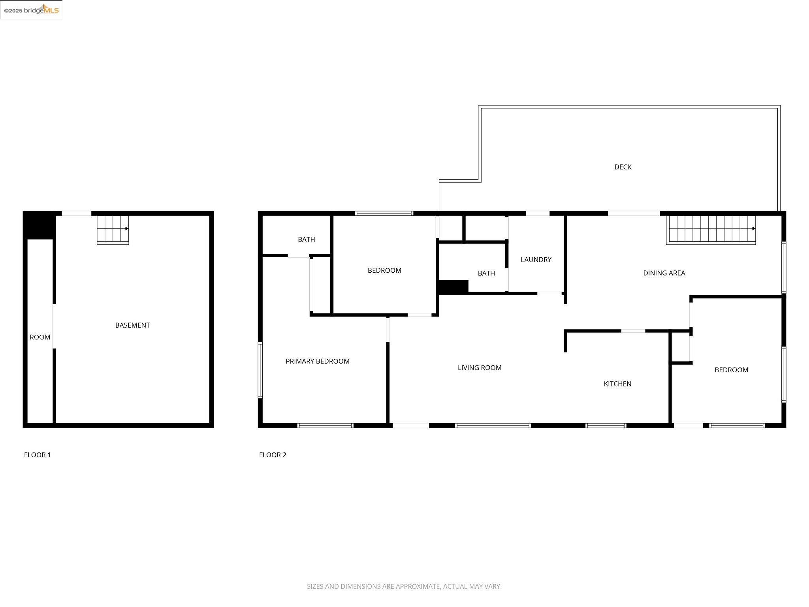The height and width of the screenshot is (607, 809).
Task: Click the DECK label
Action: click(623, 167)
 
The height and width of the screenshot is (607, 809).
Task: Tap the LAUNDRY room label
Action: click(536, 260)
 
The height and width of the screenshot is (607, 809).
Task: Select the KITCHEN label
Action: click(617, 384)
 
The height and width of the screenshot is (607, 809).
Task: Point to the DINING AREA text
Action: click(664, 273)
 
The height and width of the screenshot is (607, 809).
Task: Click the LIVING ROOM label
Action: click(479, 368)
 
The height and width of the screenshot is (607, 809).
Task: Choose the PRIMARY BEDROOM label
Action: click(317, 361)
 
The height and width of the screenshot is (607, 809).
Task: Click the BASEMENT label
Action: click(132, 325)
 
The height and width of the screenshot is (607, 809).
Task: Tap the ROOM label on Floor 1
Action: click(40, 337)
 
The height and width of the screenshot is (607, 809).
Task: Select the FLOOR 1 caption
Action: click(38, 455)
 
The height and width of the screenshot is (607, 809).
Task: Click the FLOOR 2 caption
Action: click(273, 455)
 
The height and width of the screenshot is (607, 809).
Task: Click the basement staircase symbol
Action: click(113, 230)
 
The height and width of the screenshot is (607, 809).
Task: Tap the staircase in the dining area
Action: click(711, 229)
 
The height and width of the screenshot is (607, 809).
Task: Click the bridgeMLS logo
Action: click(31, 10)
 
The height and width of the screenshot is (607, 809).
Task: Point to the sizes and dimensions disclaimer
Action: click(404, 586)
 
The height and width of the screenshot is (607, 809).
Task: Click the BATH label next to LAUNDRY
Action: click(486, 273)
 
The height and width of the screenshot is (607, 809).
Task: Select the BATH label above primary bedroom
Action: click(306, 239)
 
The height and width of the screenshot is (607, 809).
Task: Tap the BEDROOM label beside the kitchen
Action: click(731, 370)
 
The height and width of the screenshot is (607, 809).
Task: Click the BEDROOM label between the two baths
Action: click(384, 270)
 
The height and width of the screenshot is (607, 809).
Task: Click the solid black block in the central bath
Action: click(453, 287)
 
